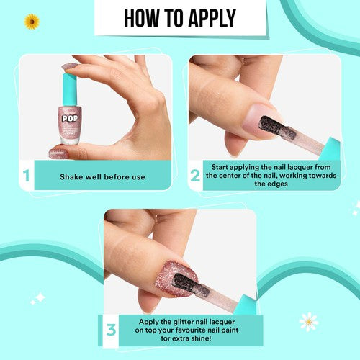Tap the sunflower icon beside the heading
tap(32, 22)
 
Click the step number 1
tap(27, 175)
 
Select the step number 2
tap(194, 175)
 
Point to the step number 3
tap(111, 330)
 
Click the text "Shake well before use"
tap(102, 176)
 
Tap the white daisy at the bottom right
tap(308, 321)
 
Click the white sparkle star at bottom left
tap(38, 297)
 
